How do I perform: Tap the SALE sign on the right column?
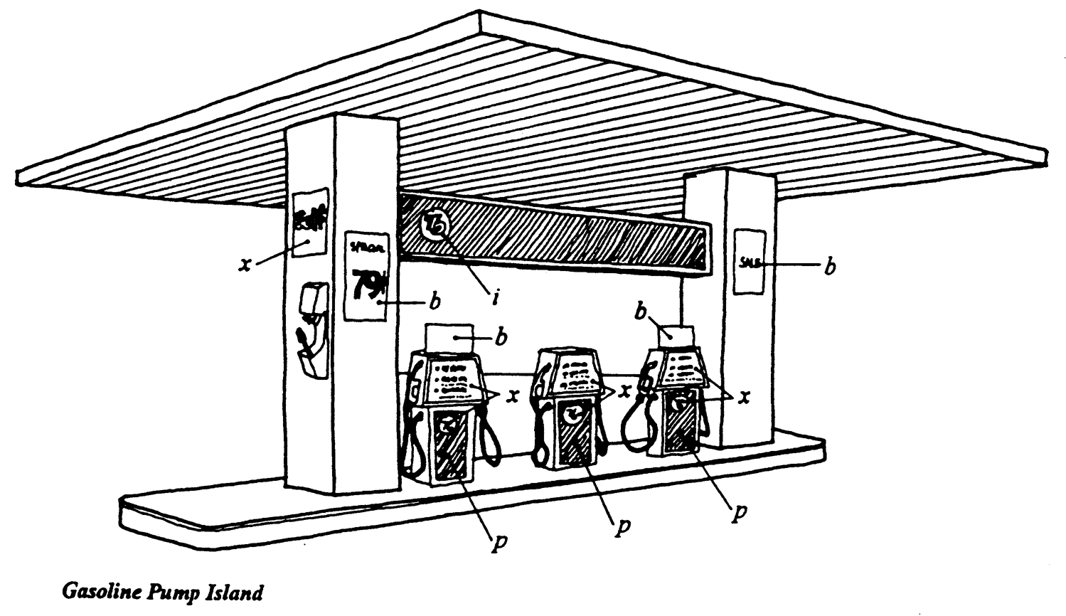749,262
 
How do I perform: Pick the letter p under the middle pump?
623,527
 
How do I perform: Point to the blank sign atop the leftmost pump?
449,339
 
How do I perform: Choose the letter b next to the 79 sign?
434,302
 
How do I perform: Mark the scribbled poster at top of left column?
309,221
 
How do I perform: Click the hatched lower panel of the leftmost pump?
450,445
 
